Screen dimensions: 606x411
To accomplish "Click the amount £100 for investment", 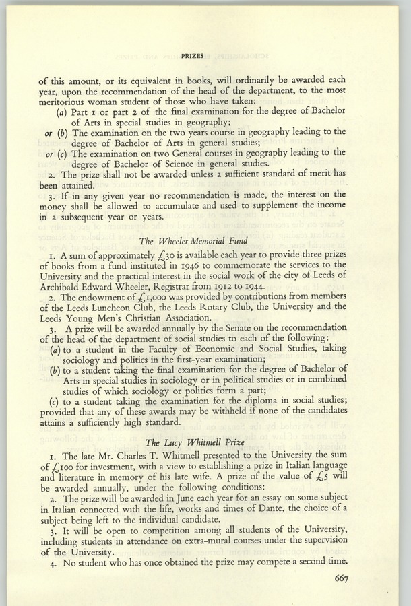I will pyautogui.click(x=61, y=470).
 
